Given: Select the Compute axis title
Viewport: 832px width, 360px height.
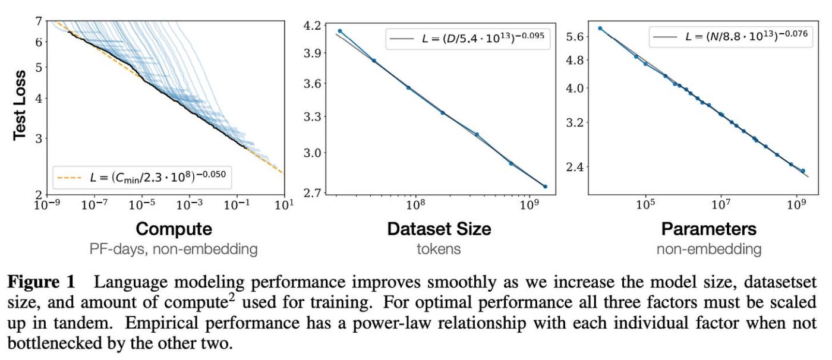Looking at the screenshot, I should click(174, 229).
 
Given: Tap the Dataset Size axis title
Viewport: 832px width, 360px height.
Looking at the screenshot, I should click(439, 229).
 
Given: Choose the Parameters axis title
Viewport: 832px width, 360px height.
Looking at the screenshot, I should click(708, 229).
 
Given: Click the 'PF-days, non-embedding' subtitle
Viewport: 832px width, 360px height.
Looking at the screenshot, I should click(174, 249).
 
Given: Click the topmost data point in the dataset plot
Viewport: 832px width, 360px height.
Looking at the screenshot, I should click(340, 31).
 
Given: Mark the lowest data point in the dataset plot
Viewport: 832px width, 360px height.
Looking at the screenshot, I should click(545, 187).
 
